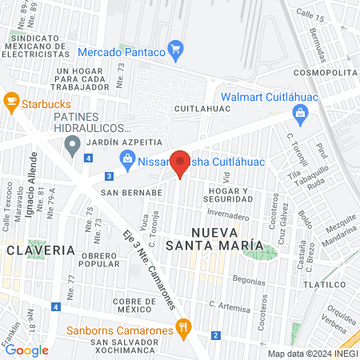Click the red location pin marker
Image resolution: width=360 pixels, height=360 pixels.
(181, 164)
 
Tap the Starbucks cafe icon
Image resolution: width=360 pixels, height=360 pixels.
(11, 101)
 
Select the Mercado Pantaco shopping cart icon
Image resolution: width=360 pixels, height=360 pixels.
(176, 52)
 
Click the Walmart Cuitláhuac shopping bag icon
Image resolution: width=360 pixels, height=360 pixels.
(299, 113)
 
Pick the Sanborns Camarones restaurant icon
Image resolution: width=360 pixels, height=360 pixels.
(184, 326)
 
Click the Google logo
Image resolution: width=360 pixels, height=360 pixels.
(26, 350)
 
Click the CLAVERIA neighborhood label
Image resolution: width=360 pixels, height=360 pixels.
(30, 250)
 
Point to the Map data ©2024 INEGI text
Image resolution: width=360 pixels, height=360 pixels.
(311, 353)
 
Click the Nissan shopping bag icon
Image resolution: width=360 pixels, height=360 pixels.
(127, 159)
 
